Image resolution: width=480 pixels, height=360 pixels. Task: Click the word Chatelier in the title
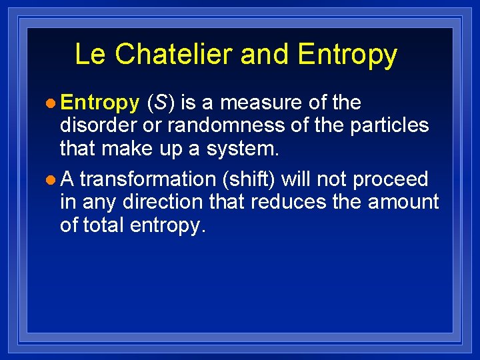click(x=176, y=55)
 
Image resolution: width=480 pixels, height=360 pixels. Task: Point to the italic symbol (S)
click(x=161, y=103)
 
